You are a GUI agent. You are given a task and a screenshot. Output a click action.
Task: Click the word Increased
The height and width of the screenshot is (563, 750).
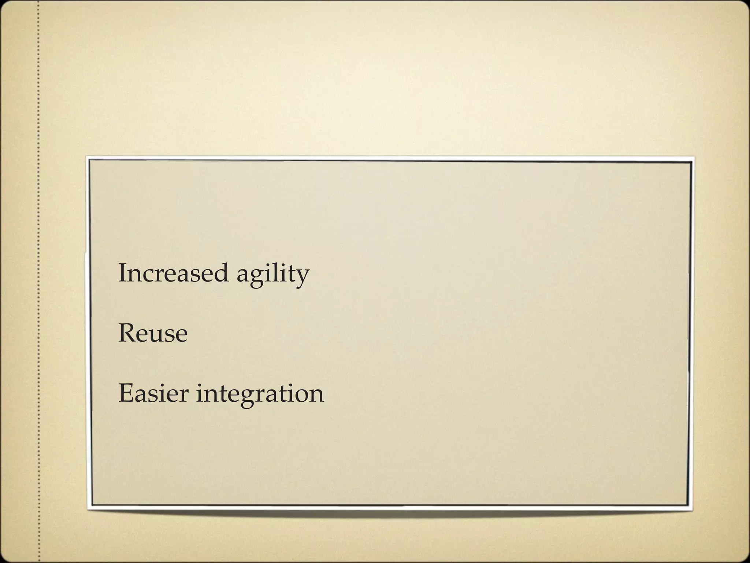click(173, 273)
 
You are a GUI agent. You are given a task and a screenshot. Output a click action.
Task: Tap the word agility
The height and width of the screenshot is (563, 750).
click(273, 275)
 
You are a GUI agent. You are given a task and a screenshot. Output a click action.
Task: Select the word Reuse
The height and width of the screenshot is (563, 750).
click(153, 334)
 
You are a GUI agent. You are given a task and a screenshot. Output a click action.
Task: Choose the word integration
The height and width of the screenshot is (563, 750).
click(260, 395)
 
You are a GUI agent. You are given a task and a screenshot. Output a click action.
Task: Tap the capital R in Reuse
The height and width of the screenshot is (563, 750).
click(126, 334)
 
